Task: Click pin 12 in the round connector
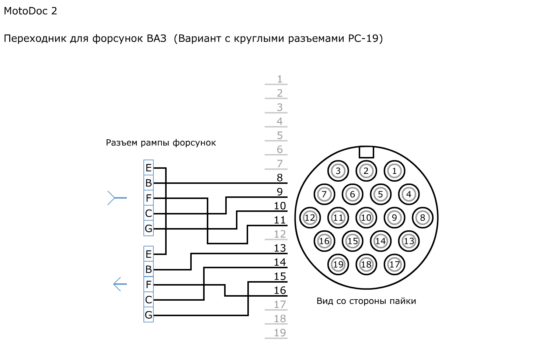[x=310, y=218]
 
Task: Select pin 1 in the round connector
[x=394, y=171]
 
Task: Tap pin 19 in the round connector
[x=338, y=265]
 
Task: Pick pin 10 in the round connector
[x=366, y=218]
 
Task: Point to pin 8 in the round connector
[x=422, y=218]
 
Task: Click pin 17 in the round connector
[x=394, y=265]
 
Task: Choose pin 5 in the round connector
[x=380, y=194]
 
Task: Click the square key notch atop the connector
[x=366, y=152]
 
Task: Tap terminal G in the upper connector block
[x=149, y=228]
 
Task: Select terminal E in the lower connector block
[x=149, y=254]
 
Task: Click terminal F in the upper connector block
[x=149, y=198]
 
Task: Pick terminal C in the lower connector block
[x=149, y=300]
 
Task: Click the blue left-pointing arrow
[x=120, y=284]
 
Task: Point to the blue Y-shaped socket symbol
[x=116, y=198]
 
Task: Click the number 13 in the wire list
[x=280, y=248]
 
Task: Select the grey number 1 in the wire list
[x=280, y=79]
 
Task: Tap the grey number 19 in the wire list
[x=280, y=333]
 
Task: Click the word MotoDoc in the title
[x=25, y=11]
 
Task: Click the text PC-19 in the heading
[x=364, y=38]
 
